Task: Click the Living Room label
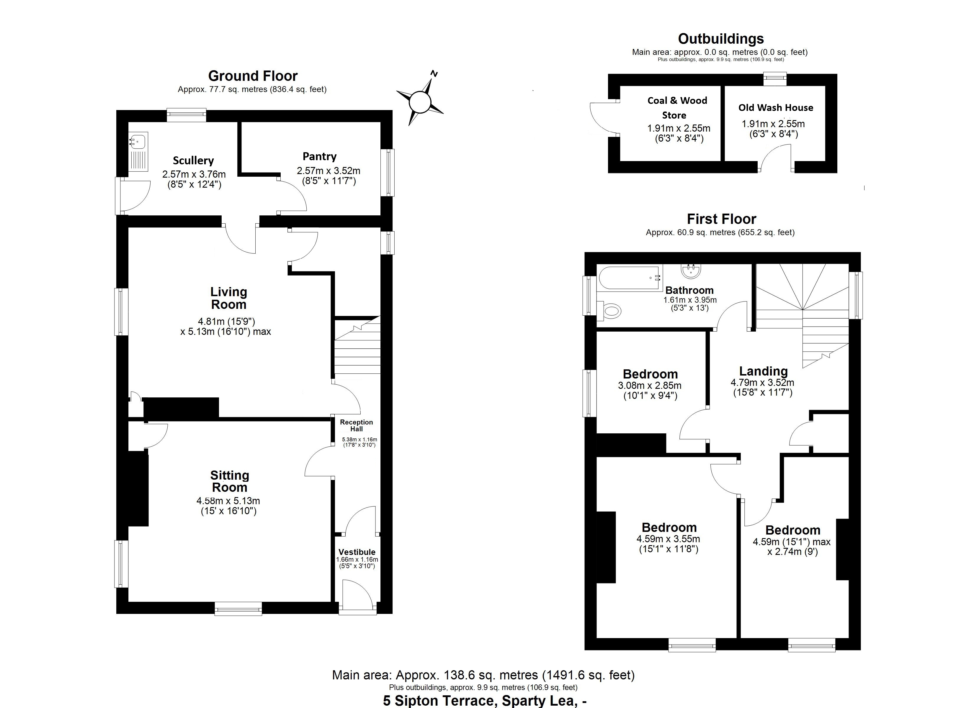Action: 228,298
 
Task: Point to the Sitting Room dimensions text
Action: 228,506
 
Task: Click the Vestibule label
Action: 357,552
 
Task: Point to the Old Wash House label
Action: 776,108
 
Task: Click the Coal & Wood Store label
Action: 677,107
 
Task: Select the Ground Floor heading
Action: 253,76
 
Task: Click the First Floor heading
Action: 721,219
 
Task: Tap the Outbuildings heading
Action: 721,39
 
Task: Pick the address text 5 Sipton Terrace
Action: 485,701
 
